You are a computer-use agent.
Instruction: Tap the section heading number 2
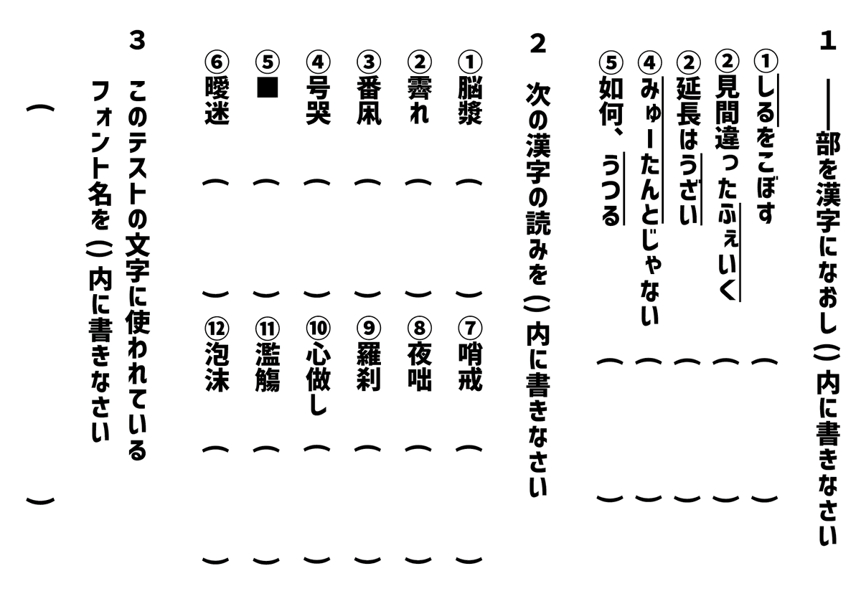coord(537,44)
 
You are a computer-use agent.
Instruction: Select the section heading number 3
coord(137,41)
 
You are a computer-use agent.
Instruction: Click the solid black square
coord(267,85)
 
